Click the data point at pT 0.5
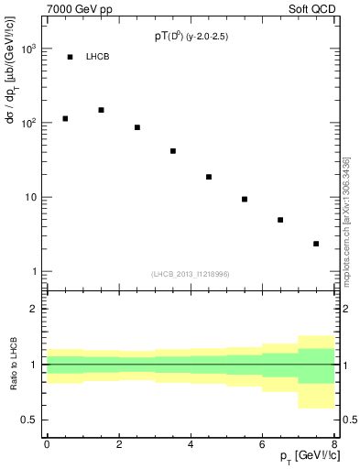point(65,118)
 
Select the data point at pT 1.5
point(101,110)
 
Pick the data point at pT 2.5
point(136,127)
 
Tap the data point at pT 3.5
point(173,151)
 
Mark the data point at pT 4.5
point(209,177)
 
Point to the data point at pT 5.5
point(245,199)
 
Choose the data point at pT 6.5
point(280,220)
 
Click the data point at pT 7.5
point(316,244)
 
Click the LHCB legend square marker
point(71,57)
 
